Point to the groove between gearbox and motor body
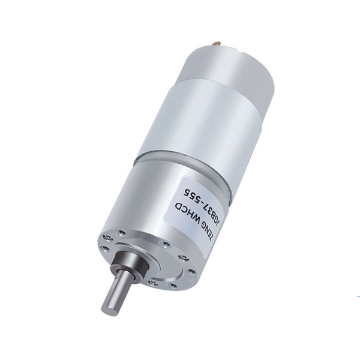coord(180,157)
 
